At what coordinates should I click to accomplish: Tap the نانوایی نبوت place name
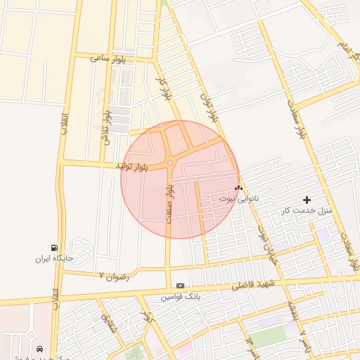(x=239, y=198)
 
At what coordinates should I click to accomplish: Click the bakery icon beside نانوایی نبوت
(x=238, y=188)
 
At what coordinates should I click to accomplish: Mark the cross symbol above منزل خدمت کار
(x=307, y=200)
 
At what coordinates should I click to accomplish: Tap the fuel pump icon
(x=54, y=247)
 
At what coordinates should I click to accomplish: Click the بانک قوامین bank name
(x=180, y=297)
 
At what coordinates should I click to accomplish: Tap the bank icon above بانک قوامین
(x=181, y=285)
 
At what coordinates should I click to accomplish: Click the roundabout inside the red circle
(x=170, y=164)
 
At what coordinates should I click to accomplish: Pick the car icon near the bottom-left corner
(x=39, y=349)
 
